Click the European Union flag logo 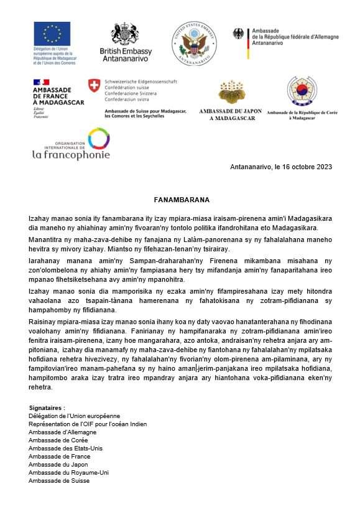pyautogui.click(x=52, y=34)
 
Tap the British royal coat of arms pyautogui.click(x=124, y=34)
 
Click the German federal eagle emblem pyautogui.click(x=239, y=33)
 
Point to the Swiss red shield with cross pyautogui.click(x=94, y=85)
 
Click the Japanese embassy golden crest pyautogui.click(x=232, y=91)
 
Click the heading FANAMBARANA pyautogui.click(x=182, y=200)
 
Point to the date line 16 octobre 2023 pyautogui.click(x=280, y=167)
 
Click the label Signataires pyautogui.click(x=47, y=407)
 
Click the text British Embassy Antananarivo pyautogui.click(x=125, y=54)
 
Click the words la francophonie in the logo pyautogui.click(x=71, y=154)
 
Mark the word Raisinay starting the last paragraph pyautogui.click(x=42, y=322)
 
